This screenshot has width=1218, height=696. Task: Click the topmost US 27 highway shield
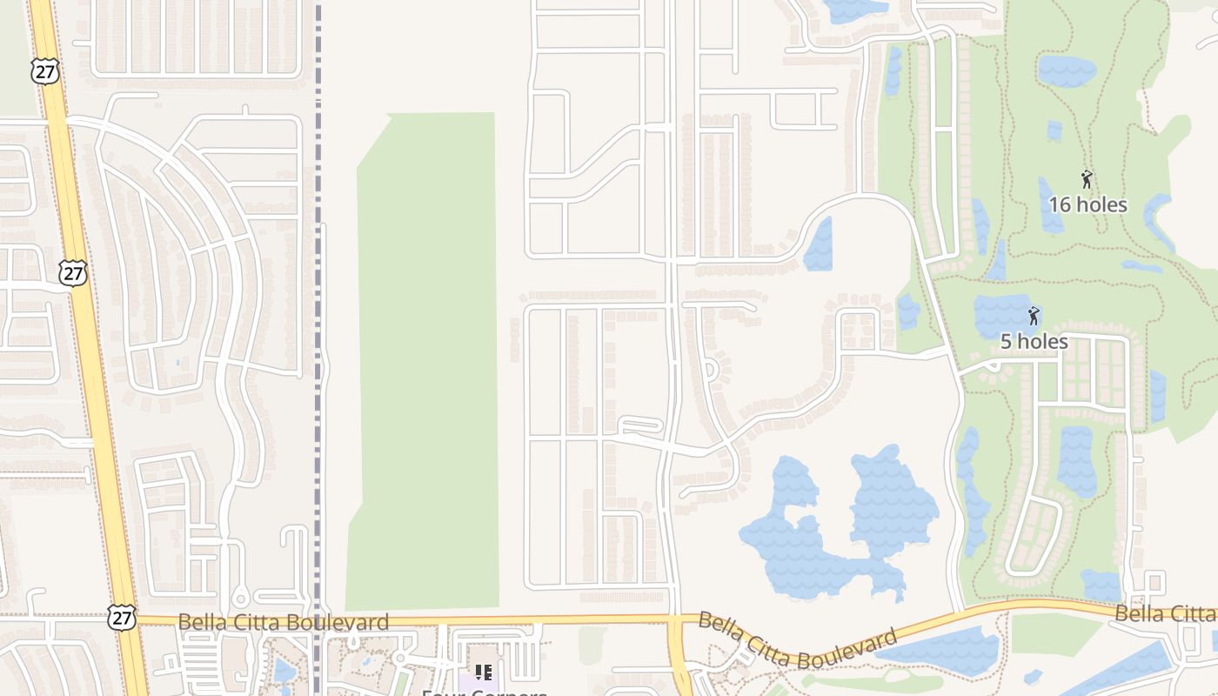coord(45,71)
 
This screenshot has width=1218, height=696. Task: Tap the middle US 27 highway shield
coord(74,272)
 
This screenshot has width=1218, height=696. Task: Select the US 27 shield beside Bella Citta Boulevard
coord(123,617)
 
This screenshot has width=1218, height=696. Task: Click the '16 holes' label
coord(1087,205)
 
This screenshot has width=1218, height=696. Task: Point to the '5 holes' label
coord(1034,342)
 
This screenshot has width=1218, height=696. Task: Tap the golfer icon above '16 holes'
coord(1087,180)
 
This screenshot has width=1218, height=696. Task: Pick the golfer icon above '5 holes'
coord(1034,316)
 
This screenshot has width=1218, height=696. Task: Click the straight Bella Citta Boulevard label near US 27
coord(283,622)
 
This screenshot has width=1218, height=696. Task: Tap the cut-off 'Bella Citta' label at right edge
coord(1166,614)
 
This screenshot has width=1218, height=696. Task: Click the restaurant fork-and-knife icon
coord(484,672)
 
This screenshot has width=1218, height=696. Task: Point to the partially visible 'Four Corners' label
coord(484,692)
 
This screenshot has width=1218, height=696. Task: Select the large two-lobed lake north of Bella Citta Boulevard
coord(835,531)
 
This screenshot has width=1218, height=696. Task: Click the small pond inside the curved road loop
coord(819,245)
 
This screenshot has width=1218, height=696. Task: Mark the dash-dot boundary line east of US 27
coord(318,348)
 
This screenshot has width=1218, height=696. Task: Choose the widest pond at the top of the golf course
coord(1067,70)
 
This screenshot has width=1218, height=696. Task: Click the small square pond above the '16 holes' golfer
coord(1054,130)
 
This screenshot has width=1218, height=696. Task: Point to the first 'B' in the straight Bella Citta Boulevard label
coord(184,622)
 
